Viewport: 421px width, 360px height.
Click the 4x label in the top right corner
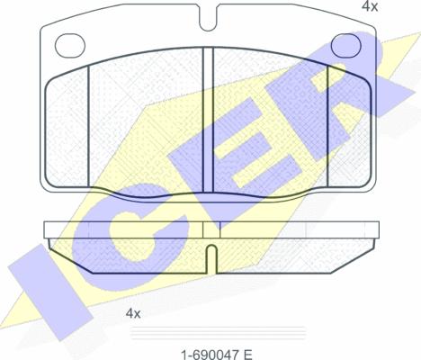click(x=370, y=6)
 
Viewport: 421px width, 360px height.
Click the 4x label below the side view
click(x=133, y=313)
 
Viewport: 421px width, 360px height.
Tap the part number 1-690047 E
click(x=217, y=355)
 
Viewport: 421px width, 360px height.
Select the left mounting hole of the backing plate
click(x=70, y=45)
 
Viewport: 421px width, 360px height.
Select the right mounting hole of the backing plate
click(x=346, y=45)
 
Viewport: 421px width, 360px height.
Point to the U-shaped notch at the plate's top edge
click(x=209, y=18)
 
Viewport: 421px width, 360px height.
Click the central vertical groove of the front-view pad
click(x=208, y=120)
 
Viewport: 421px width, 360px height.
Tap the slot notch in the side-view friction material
click(x=211, y=258)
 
